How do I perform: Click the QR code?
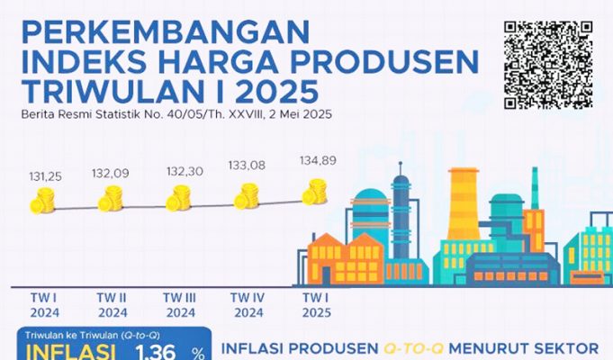(x=549, y=65)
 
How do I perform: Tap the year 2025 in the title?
(x=271, y=92)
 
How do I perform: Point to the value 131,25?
(x=41, y=178)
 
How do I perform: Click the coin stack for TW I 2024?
(x=41, y=202)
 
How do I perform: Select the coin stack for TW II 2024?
(x=111, y=199)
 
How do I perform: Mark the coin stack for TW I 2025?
(x=315, y=191)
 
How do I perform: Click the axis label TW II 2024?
(x=111, y=304)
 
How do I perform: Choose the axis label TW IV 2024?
(x=247, y=304)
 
